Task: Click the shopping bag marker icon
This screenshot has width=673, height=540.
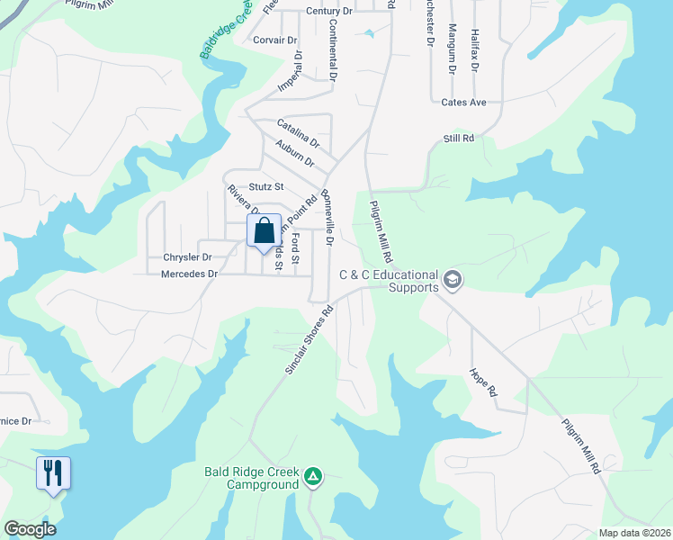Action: click(265, 230)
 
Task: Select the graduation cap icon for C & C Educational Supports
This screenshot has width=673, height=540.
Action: click(453, 281)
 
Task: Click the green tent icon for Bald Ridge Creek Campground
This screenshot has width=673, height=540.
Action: click(312, 476)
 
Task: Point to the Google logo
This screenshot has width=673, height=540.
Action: click(30, 529)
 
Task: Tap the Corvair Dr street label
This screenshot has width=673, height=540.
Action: click(275, 40)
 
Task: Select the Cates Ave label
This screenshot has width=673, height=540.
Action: click(463, 103)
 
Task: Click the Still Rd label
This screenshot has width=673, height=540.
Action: click(458, 138)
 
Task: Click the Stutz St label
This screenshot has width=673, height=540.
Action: click(265, 187)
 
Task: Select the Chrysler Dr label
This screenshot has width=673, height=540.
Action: click(187, 256)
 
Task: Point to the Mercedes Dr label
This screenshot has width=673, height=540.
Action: click(189, 274)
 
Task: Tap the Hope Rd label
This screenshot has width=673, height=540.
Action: click(483, 382)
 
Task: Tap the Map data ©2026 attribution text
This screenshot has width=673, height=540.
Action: click(633, 533)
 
